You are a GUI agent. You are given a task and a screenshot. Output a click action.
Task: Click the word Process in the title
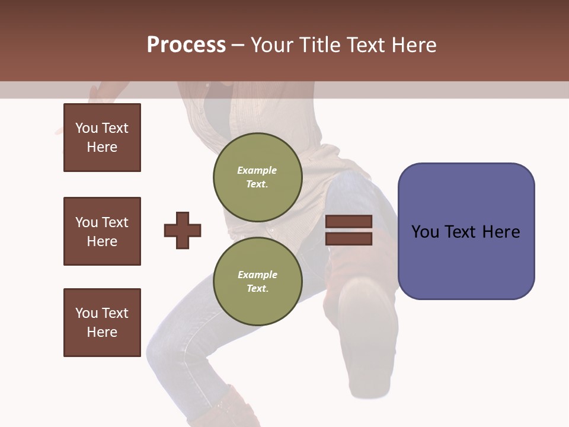pyautogui.click(x=186, y=45)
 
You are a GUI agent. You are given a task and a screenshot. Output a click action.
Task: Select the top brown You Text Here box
pyautogui.click(x=102, y=138)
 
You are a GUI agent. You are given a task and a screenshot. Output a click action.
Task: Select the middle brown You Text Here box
pyautogui.click(x=102, y=231)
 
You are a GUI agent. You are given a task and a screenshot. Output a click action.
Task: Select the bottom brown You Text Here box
pyautogui.click(x=102, y=323)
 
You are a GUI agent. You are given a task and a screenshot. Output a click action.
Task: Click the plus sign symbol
pyautogui.click(x=183, y=230)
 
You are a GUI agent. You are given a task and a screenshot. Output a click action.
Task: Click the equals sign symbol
pyautogui.click(x=349, y=230)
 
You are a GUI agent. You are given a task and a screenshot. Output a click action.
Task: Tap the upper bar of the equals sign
pyautogui.click(x=349, y=222)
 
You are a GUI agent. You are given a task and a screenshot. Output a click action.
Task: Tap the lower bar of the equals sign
pyautogui.click(x=349, y=238)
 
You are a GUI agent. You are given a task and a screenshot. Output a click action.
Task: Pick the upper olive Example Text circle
pyautogui.click(x=257, y=177)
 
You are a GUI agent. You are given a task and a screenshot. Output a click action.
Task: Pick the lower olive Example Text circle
pyautogui.click(x=257, y=281)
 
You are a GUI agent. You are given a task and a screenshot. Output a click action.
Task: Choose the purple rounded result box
pyautogui.click(x=466, y=231)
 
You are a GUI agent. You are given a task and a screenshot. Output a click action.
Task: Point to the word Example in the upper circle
pyautogui.click(x=257, y=170)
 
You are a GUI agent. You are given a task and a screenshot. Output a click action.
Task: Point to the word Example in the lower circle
pyautogui.click(x=257, y=275)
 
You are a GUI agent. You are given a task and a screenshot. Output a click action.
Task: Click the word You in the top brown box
pyautogui.click(x=86, y=128)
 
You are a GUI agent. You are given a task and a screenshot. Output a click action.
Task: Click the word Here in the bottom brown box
pyautogui.click(x=102, y=332)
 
